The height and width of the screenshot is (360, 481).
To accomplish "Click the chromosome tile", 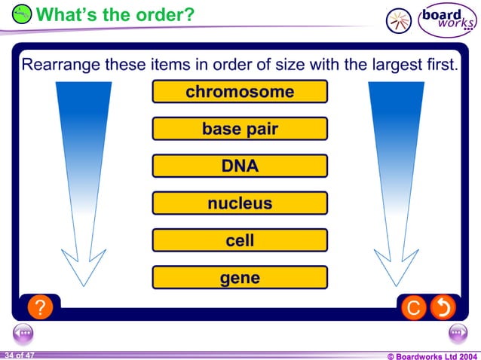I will tap(240, 92).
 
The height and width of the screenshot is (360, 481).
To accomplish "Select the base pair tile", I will tap(240, 129).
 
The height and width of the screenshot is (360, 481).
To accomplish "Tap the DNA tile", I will tap(240, 166).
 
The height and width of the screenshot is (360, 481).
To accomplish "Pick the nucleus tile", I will tap(240, 203).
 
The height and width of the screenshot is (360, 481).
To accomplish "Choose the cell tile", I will tap(240, 240).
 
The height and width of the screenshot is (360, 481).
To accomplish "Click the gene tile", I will tap(240, 278).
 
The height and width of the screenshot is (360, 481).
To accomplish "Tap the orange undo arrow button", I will tap(443, 307).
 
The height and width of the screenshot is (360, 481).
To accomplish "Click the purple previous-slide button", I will tap(23, 332).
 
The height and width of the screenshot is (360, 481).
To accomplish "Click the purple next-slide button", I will tap(458, 332).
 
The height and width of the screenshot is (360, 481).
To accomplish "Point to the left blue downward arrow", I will tap(83, 173).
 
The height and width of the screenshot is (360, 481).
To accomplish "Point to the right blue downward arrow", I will tap(396, 173).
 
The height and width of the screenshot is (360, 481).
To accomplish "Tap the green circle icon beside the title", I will tap(23, 14).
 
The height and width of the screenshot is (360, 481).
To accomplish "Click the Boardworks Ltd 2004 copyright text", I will tap(432, 355).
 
